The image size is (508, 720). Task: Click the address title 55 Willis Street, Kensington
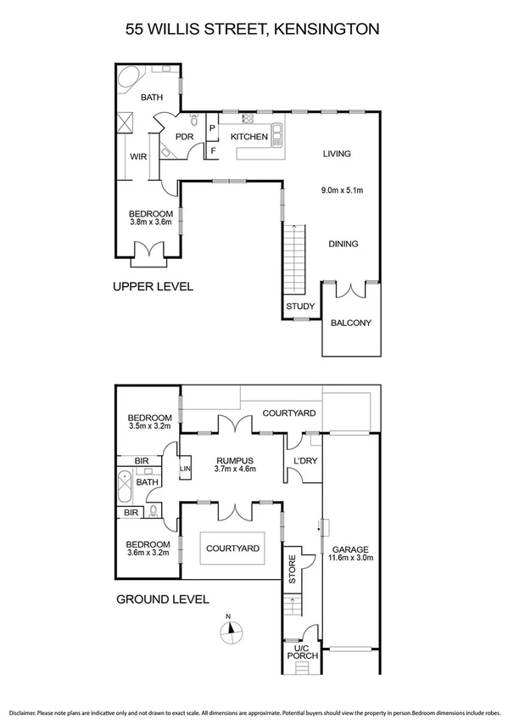pyautogui.click(x=254, y=29)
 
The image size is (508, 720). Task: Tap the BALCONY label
pyautogui.click(x=350, y=323)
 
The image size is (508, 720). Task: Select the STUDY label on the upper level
pyautogui.click(x=300, y=307)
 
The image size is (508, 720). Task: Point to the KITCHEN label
pyautogui.click(x=249, y=137)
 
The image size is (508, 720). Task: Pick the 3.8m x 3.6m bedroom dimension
pyautogui.click(x=151, y=223)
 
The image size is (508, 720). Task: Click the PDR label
pyautogui.click(x=184, y=137)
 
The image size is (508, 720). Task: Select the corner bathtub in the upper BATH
pyautogui.click(x=132, y=82)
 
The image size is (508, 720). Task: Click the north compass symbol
pyautogui.click(x=231, y=630)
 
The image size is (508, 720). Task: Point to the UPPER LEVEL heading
pyautogui.click(x=154, y=287)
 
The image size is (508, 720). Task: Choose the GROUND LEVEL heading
pyautogui.click(x=162, y=599)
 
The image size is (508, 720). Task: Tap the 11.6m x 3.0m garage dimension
pyautogui.click(x=349, y=558)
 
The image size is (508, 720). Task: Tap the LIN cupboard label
pyautogui.click(x=185, y=468)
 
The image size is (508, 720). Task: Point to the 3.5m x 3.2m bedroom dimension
pyautogui.click(x=150, y=427)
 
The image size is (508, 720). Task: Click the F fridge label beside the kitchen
pyautogui.click(x=212, y=151)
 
